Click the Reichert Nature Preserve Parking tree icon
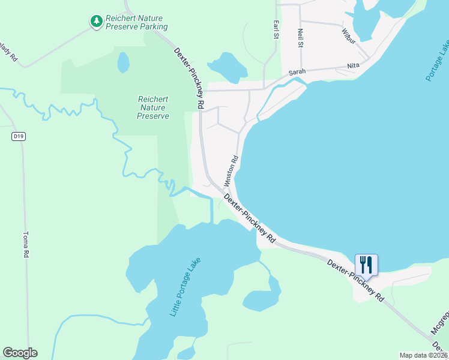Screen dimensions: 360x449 click(x=96, y=22)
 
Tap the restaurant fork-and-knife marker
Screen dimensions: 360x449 click(x=366, y=264)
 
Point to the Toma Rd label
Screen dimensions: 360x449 click(x=26, y=245)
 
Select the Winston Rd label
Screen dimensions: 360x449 click(x=231, y=171)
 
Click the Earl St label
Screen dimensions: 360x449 click(x=276, y=30)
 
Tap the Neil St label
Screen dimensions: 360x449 click(x=300, y=37)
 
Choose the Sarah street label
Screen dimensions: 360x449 click(x=297, y=72)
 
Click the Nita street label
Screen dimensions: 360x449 click(x=352, y=67)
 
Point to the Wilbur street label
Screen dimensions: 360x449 click(x=349, y=36)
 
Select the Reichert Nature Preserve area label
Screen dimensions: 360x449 click(x=153, y=107)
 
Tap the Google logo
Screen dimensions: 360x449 click(x=20, y=352)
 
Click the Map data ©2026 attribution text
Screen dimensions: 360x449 click(x=423, y=355)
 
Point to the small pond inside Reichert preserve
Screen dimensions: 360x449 click(x=123, y=62)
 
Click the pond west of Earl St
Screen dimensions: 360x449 click(x=227, y=67)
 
